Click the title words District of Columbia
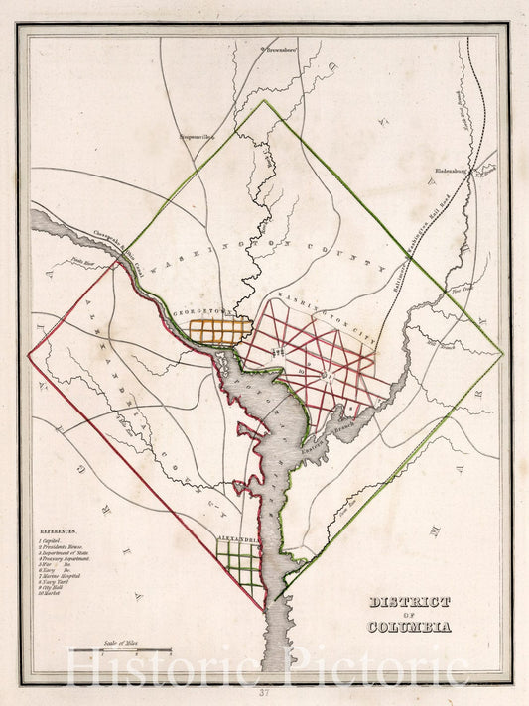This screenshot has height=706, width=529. pos(409,614)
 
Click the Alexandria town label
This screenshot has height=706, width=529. pos(238,540)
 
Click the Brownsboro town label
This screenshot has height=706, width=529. pos(279,48)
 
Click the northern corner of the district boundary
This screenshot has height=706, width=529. pos(264,100)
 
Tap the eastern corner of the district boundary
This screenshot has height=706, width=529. pos(502,353)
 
